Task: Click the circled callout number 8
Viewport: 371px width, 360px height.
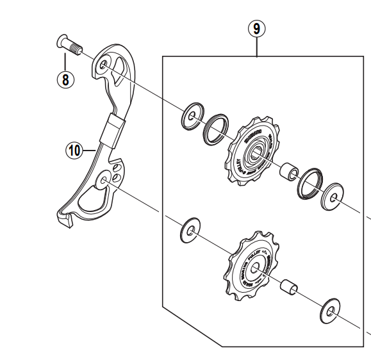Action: (x=65, y=79)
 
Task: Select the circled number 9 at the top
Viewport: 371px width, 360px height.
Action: (x=256, y=29)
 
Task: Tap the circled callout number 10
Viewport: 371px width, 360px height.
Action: (x=74, y=151)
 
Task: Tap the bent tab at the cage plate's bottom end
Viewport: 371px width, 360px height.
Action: (x=65, y=222)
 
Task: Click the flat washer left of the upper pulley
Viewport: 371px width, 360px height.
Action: (x=190, y=116)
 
